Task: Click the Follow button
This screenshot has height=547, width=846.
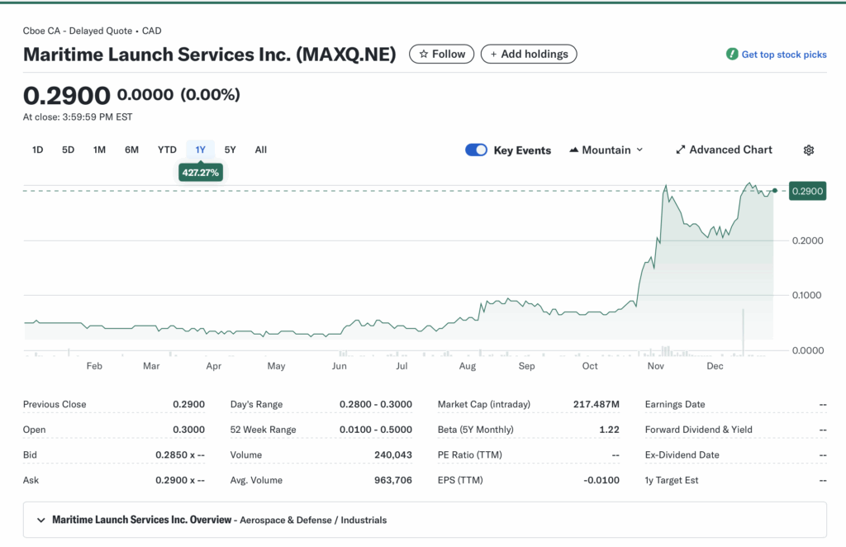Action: (442, 54)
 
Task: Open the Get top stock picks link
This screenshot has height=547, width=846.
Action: (776, 55)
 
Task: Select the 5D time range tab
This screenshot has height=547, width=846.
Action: (68, 150)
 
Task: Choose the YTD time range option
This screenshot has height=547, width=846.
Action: (167, 150)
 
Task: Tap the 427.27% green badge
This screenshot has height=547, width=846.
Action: (201, 173)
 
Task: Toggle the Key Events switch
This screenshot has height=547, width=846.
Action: (476, 150)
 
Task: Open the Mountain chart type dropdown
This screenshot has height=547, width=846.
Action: (606, 150)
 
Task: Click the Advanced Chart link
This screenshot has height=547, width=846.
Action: (724, 150)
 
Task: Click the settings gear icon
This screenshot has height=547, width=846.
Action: (809, 150)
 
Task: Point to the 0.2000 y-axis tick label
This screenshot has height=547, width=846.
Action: (806, 240)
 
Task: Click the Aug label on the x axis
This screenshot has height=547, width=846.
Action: (467, 366)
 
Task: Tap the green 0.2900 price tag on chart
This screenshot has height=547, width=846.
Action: (806, 191)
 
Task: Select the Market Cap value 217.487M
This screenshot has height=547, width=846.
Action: (596, 404)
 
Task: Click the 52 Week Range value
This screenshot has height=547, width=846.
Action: (376, 430)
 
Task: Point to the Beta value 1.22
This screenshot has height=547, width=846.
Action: (608, 430)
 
